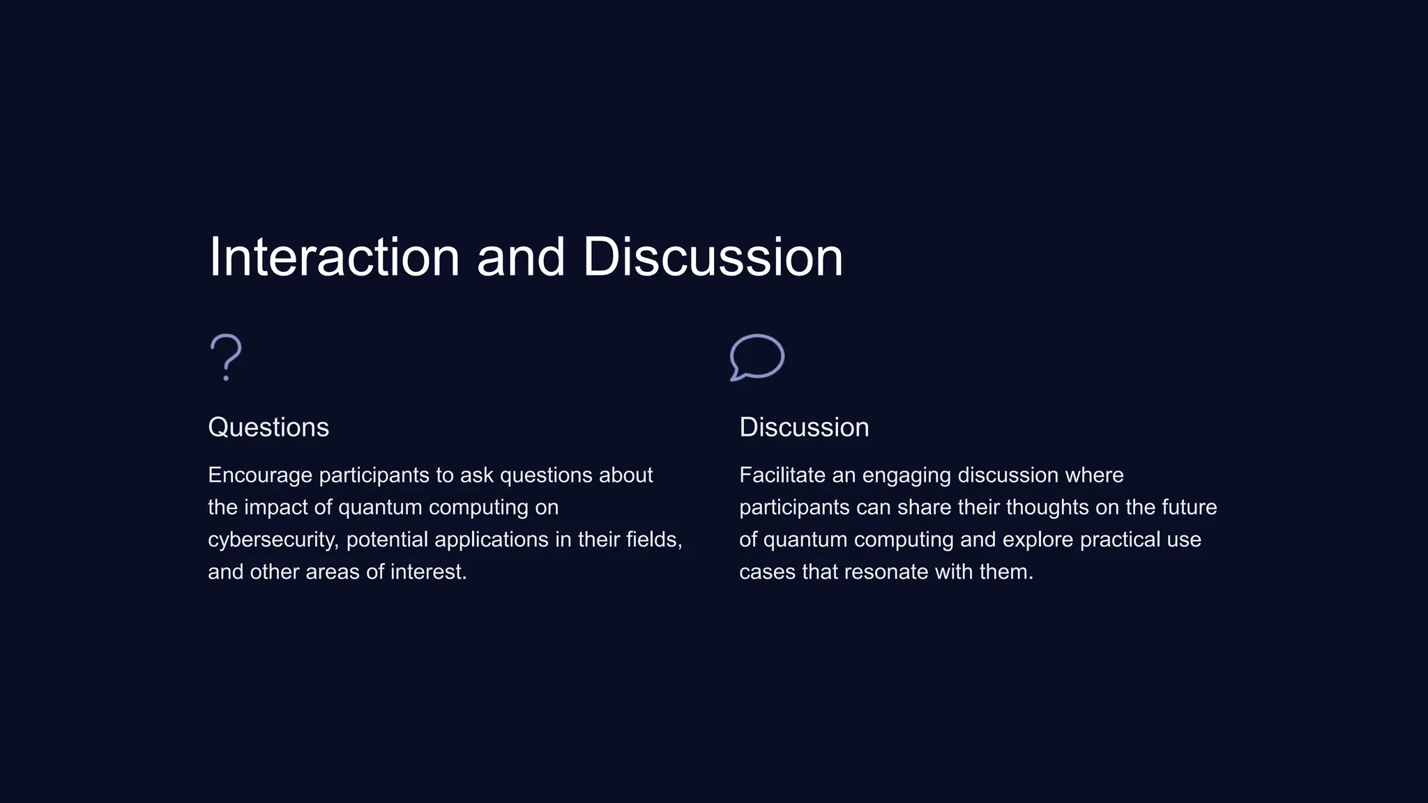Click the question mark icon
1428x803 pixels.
point(225,357)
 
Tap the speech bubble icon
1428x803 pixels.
point(757,357)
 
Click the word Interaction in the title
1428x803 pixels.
point(334,257)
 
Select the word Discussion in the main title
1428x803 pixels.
point(713,257)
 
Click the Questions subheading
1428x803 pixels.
point(268,427)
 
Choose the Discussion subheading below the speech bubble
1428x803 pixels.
point(804,427)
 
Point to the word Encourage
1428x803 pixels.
point(260,475)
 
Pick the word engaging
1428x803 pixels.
point(906,475)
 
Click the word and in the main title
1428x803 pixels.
point(520,257)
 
